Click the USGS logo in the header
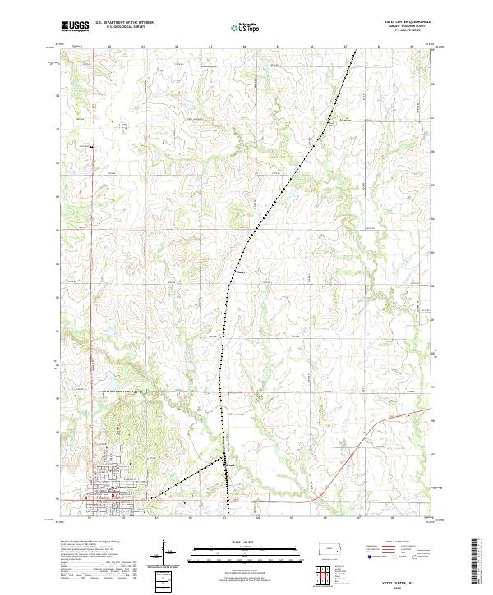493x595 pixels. pyautogui.click(x=75, y=26)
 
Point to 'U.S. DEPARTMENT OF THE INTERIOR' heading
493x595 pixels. pyautogui.click(x=124, y=22)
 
